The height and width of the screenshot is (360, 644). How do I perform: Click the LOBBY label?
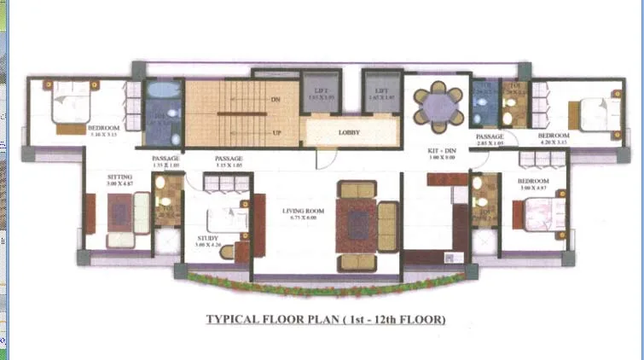[349, 133]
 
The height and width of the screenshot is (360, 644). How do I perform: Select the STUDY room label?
[207, 238]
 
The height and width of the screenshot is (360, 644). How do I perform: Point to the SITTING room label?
[119, 177]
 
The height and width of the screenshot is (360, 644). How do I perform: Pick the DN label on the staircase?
[276, 100]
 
